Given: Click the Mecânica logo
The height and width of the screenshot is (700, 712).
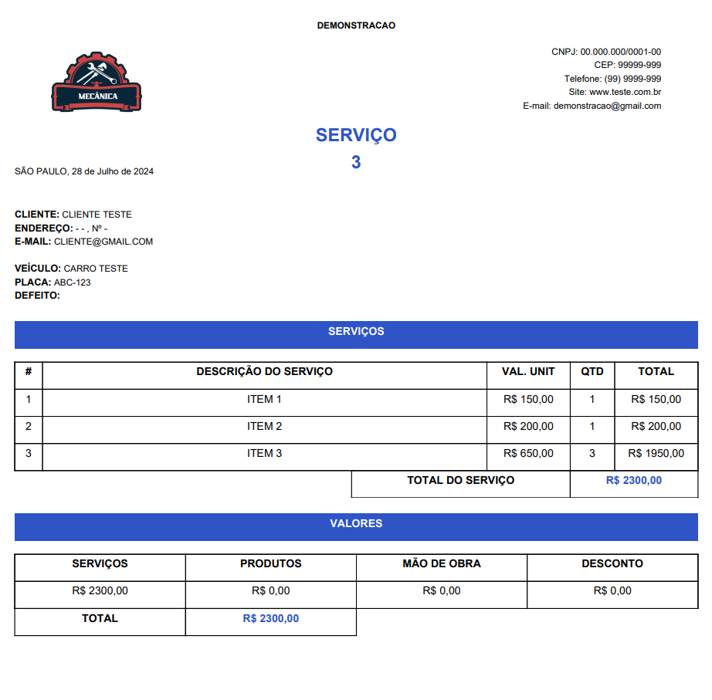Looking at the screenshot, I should (x=97, y=83).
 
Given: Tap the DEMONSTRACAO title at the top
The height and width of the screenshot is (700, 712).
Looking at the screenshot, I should (x=356, y=25).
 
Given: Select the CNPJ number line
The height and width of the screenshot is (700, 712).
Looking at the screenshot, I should (x=605, y=52).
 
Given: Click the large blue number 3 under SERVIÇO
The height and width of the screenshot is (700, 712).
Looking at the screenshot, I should (x=356, y=162).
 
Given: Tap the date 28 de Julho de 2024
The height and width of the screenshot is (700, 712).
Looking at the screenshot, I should (x=113, y=171).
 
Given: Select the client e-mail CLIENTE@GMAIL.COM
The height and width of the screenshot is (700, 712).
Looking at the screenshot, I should (x=103, y=242).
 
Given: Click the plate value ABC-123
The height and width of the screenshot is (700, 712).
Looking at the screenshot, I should (x=72, y=282).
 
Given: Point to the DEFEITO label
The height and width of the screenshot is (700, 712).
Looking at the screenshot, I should (x=37, y=296).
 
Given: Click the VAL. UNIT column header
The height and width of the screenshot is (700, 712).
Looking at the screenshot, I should (x=528, y=372).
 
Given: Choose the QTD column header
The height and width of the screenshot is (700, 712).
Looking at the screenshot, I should (x=592, y=372).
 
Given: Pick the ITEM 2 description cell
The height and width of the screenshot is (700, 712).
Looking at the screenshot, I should (x=264, y=427).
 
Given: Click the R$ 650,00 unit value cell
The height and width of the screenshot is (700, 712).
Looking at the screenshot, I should (x=528, y=454).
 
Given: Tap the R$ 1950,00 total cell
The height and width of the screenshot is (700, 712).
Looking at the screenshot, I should (x=656, y=454).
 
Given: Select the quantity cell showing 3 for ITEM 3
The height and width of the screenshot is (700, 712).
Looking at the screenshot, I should (x=592, y=454).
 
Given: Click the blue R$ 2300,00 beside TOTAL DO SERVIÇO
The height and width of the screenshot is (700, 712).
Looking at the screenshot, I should (x=633, y=481).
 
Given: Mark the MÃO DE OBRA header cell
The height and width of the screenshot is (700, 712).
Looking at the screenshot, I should (x=442, y=564).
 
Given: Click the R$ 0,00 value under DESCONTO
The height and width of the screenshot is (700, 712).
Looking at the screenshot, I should (x=612, y=591).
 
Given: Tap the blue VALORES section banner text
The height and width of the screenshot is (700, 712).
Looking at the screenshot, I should (x=356, y=524).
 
